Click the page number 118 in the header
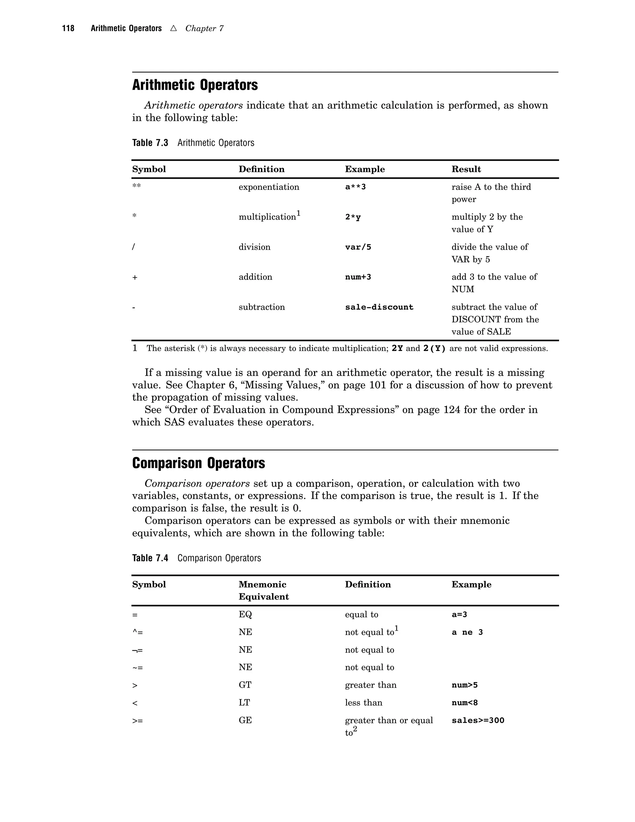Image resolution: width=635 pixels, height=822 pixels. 68,29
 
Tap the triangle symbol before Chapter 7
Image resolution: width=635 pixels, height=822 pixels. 173,28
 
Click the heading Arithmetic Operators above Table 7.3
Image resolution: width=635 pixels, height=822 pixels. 195,85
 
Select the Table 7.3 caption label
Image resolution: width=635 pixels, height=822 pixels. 150,143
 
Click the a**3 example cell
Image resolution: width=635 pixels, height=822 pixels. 355,187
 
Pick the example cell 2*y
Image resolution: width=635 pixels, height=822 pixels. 353,217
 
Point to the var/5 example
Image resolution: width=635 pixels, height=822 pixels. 358,247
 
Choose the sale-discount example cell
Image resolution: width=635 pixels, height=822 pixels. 379,307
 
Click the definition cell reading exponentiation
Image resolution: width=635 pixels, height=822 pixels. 269,187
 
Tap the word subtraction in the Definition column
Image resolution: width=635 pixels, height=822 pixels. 261,307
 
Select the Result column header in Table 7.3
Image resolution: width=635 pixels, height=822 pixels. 466,169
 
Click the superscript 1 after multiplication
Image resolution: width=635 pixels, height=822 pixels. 298,214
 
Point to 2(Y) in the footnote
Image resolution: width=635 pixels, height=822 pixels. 434,349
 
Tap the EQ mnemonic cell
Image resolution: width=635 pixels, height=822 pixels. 245,614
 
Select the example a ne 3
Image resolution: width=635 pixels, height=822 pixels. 467,632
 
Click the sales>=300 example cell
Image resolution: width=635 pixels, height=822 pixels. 478,720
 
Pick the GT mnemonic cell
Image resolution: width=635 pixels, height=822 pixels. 245,685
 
